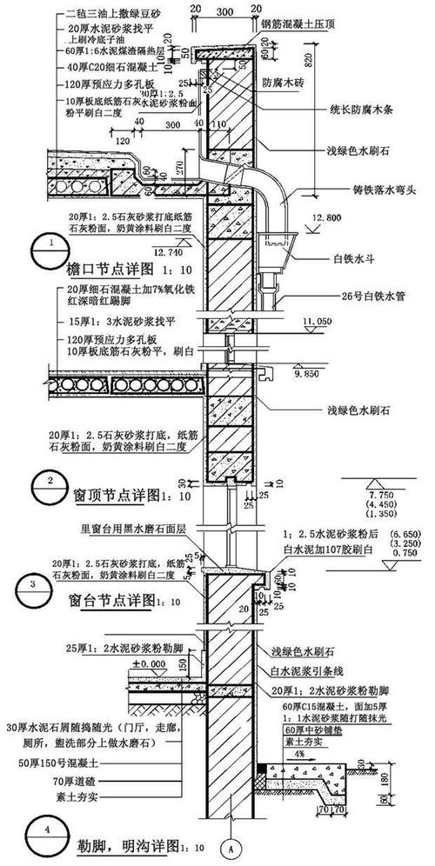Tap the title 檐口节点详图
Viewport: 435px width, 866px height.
pyautogui.click(x=112, y=268)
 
